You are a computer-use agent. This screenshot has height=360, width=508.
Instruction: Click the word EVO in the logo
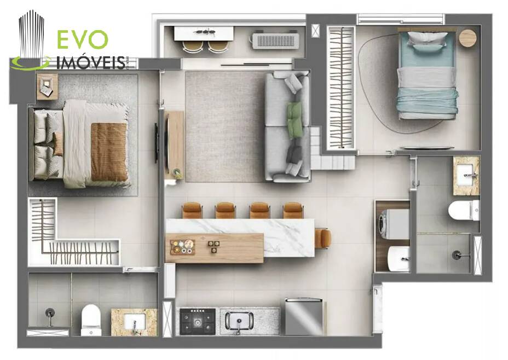coord(82,39)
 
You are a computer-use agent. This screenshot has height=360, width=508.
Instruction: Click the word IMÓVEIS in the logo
coord(91,62)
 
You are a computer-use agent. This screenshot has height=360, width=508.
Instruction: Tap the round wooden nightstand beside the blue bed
coord(467,38)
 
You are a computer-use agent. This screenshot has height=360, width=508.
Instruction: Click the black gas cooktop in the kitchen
coord(197,321)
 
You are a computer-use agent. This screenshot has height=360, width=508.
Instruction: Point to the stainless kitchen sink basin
coord(239,321)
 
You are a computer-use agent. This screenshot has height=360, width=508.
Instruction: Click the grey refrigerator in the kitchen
coord(304,317)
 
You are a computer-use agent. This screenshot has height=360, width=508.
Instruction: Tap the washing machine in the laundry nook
coord(393,224)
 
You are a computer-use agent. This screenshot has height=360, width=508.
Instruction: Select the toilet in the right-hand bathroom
coord(464,210)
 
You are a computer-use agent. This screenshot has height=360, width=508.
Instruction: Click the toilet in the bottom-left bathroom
coord(91,320)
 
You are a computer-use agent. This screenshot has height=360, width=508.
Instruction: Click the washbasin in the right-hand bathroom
coord(466,176)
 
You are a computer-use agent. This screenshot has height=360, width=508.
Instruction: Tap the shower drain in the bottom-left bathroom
coord(50,313)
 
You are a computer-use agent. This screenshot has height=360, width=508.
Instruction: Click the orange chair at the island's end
coord(323,239)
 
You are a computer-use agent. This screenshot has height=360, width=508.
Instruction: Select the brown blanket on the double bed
coord(109,152)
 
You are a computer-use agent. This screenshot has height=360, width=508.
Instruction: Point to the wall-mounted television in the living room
coord(156,142)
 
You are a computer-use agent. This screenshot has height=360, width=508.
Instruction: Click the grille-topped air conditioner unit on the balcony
coord(276,40)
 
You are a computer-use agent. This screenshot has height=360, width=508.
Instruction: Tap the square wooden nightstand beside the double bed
coord(47,86)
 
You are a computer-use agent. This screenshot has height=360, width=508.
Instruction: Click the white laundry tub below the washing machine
coord(399,258)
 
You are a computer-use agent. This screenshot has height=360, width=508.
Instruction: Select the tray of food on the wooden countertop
coord(183,247)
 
